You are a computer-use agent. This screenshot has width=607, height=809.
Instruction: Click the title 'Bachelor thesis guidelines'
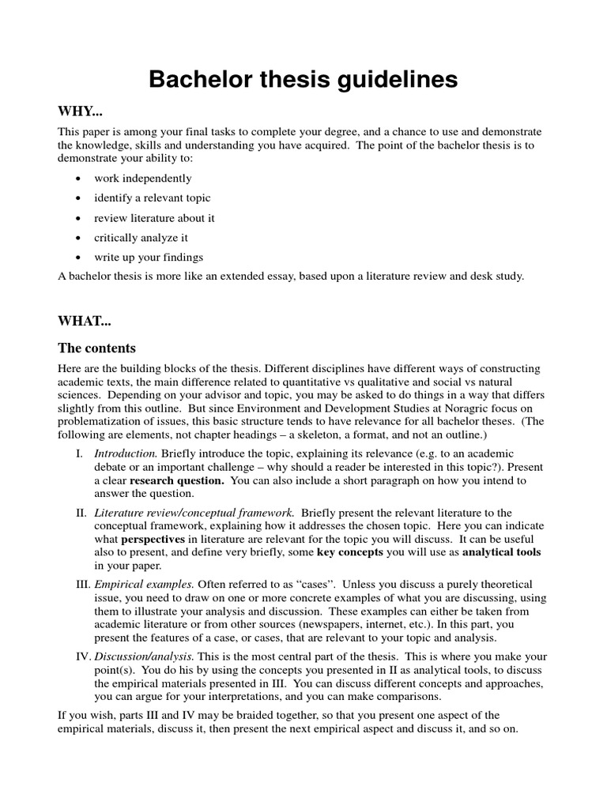click(x=303, y=80)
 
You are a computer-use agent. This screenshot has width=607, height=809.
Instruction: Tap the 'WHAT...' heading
click(x=84, y=321)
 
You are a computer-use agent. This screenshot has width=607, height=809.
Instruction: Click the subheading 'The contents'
click(x=96, y=348)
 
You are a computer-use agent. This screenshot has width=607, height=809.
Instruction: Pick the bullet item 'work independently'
click(x=142, y=179)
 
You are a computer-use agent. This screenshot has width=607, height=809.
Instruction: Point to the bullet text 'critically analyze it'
click(x=141, y=237)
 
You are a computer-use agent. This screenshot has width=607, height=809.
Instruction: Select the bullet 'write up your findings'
click(x=149, y=257)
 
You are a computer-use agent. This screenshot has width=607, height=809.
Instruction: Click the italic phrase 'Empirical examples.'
click(x=144, y=585)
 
